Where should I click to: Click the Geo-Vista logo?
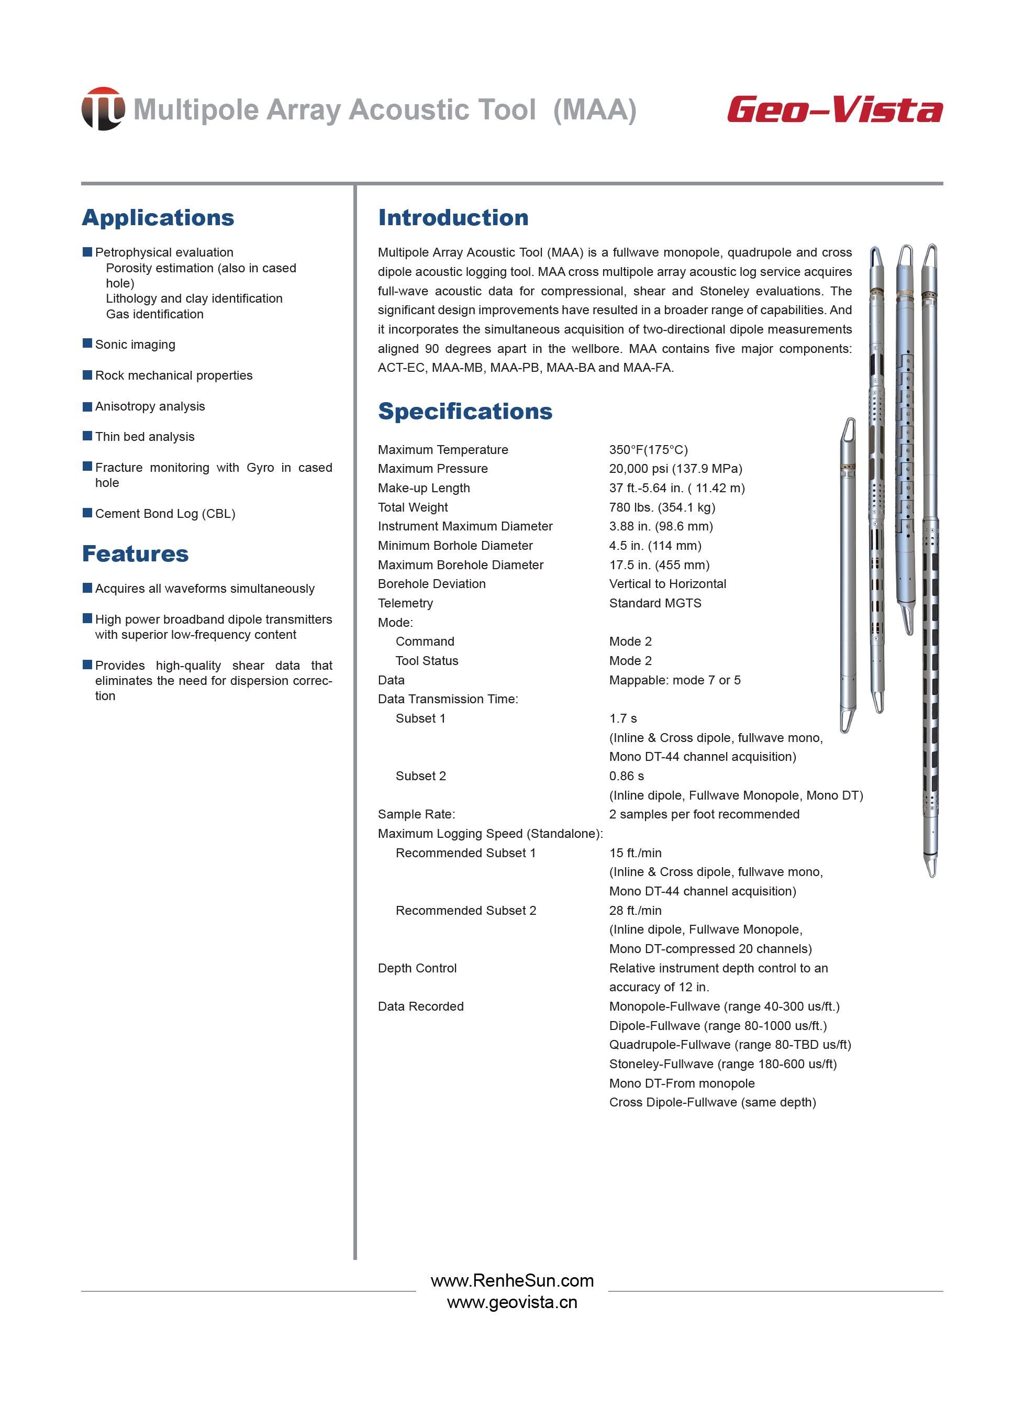(x=834, y=109)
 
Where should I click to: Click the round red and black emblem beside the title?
(x=103, y=109)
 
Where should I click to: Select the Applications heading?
(x=158, y=217)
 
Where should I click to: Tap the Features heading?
(x=135, y=553)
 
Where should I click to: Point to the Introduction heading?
(x=453, y=217)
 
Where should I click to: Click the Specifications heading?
(x=465, y=411)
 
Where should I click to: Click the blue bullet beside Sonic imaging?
(x=87, y=344)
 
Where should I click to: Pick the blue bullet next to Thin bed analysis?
(x=87, y=436)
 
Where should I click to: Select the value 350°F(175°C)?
(x=648, y=450)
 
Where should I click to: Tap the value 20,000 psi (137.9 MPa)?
(x=675, y=469)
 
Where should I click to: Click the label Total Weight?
(x=413, y=507)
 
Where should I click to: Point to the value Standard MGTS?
(x=655, y=603)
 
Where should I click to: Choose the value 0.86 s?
(x=626, y=776)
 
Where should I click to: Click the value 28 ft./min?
(x=635, y=910)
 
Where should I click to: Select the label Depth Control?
(x=417, y=968)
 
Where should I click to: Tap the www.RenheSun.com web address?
(x=511, y=1280)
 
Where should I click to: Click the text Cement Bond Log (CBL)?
(x=165, y=514)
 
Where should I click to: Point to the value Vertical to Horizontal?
(x=667, y=583)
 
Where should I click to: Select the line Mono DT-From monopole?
(x=682, y=1083)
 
